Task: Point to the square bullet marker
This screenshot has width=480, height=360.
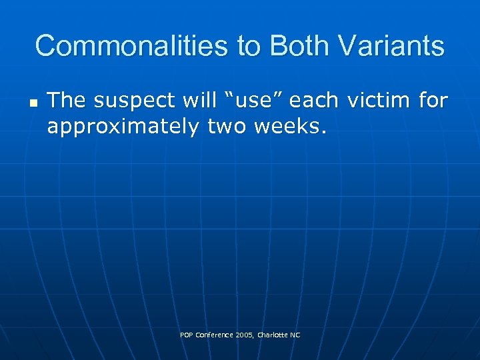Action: [33, 104]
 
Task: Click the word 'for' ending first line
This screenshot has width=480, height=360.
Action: [433, 101]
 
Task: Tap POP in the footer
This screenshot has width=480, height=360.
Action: [187, 335]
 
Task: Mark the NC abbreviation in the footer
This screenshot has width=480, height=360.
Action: [295, 335]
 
